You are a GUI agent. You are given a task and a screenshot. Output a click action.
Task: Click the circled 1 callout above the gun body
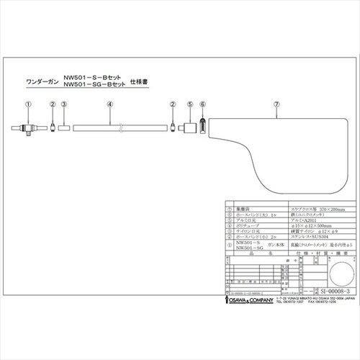pyautogui.click(x=27, y=104)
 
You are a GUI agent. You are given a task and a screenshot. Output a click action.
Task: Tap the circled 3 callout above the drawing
pyautogui.click(x=64, y=104)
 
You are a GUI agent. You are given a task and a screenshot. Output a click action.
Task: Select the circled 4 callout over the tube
pyautogui.click(x=109, y=104)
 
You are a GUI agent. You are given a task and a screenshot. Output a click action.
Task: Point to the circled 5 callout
pyautogui.click(x=189, y=104)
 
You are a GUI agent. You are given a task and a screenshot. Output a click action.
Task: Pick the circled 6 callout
pyautogui.click(x=202, y=104)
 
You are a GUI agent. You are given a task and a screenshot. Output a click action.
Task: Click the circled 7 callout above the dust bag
pyautogui.click(x=277, y=104)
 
